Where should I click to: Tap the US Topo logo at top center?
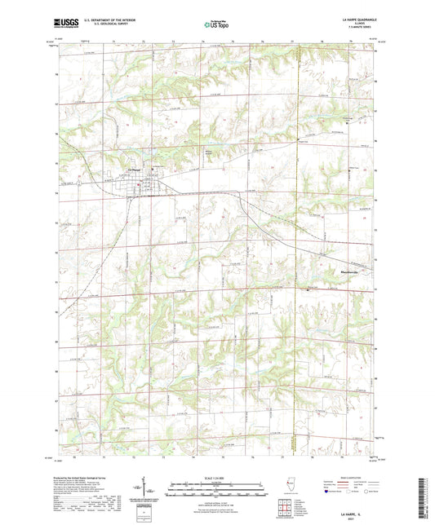pos(217,26)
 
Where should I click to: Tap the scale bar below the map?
pos(217,485)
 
